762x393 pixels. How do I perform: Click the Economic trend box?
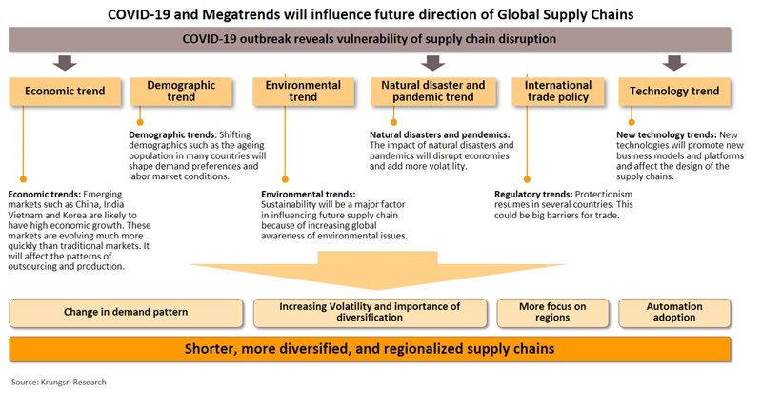(x=66, y=93)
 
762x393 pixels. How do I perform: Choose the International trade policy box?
(x=559, y=92)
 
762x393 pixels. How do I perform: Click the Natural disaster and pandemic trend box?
(x=433, y=92)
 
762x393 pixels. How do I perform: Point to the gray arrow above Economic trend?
(x=66, y=64)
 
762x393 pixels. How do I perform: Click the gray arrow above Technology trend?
(x=674, y=64)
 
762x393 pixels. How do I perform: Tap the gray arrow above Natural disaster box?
(x=432, y=64)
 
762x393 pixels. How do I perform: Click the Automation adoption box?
(x=673, y=313)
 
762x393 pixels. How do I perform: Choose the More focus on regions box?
(x=552, y=313)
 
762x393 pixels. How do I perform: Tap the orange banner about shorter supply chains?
(x=371, y=347)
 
